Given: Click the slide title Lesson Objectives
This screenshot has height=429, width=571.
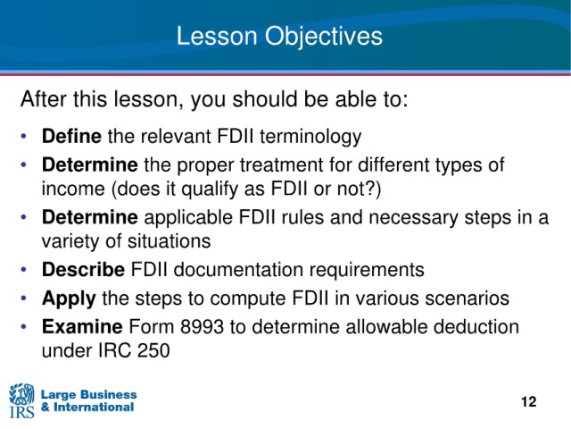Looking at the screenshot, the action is click(279, 37).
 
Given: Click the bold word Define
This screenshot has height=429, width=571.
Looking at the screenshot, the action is click(71, 136).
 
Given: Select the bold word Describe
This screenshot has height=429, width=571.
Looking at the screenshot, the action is click(83, 270).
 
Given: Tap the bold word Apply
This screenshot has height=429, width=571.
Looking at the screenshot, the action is click(69, 299).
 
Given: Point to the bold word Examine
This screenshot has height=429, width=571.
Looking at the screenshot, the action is click(82, 326).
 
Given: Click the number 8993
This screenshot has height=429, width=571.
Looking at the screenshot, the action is click(202, 326).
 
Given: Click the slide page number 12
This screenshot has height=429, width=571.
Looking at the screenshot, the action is click(529, 401).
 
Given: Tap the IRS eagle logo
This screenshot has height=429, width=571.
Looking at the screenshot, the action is click(21, 400).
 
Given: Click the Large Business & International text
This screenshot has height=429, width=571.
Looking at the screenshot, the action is click(88, 400).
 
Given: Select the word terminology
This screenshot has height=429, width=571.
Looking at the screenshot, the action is click(310, 137).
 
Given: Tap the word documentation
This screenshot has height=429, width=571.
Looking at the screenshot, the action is click(238, 270).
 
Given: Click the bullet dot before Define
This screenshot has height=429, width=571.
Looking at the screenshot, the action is click(24, 137).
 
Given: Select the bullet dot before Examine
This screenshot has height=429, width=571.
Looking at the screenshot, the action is click(24, 326).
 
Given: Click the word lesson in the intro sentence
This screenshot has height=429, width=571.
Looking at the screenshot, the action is click(148, 99).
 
